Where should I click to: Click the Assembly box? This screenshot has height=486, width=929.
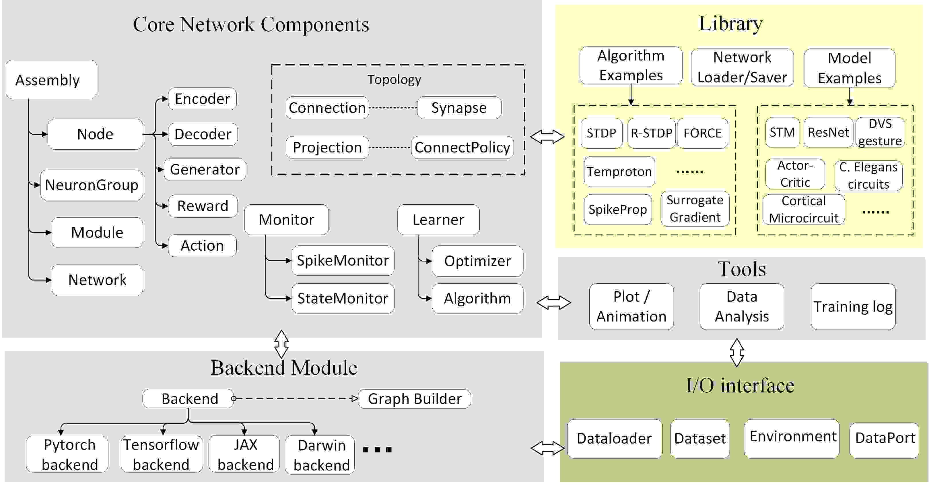51,80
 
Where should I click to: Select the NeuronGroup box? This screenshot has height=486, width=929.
92,185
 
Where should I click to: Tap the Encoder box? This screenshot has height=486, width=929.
202,99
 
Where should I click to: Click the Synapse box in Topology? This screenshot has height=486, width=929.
459,108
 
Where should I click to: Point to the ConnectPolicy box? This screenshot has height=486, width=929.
462,148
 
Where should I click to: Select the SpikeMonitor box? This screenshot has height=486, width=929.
343,260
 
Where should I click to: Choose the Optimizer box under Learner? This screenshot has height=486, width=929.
477,261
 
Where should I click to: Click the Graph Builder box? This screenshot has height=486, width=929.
414,399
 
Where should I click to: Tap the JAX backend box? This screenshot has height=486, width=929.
245,454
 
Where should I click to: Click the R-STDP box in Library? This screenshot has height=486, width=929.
651,133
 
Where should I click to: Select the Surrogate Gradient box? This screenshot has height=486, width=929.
695,208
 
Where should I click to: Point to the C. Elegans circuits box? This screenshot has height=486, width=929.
868,176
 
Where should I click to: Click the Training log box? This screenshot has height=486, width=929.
853,307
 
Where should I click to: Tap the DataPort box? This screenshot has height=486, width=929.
885,438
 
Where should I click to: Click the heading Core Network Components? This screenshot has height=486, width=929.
251,24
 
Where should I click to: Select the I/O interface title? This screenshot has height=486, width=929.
740,385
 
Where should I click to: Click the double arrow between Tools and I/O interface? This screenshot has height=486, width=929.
737,352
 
